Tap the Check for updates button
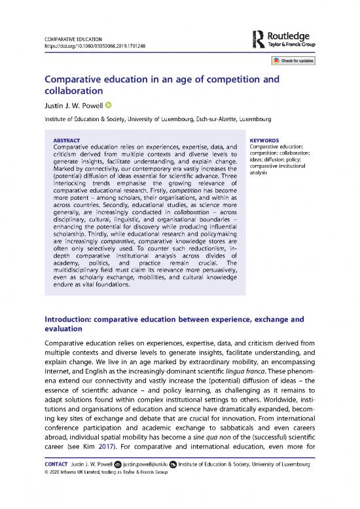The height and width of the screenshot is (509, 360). coord(293,60)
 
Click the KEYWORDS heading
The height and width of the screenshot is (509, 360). coord(265,140)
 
